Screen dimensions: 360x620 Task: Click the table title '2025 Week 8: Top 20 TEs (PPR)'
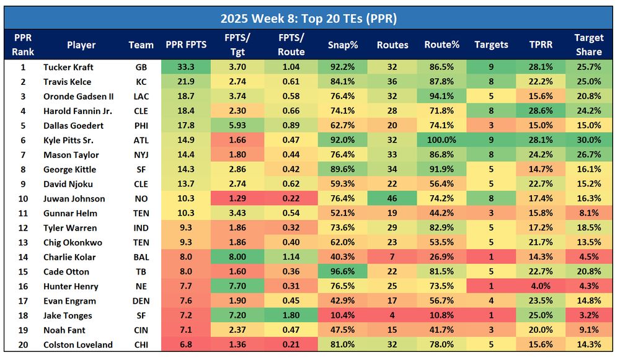309,18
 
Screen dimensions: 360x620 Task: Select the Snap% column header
342,45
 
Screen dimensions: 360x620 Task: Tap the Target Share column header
588,45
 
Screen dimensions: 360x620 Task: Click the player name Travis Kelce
67,82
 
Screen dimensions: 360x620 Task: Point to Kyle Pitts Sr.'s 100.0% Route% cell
441,140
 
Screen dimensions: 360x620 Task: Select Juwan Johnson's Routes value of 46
392,199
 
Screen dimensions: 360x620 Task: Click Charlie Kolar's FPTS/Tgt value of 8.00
237,257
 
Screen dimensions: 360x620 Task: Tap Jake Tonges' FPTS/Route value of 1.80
291,315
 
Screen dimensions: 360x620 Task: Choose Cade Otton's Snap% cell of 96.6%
342,271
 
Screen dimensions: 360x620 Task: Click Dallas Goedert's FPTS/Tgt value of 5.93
237,126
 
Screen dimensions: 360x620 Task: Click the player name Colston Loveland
77,345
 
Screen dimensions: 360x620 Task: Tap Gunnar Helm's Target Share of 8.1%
588,213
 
